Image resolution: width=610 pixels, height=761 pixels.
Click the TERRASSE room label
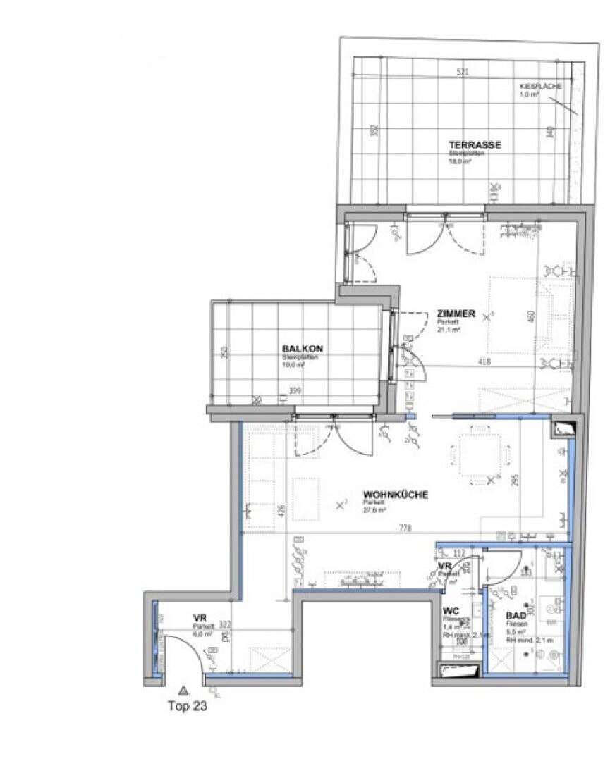tap(475, 145)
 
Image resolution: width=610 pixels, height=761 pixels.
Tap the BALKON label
tap(302, 349)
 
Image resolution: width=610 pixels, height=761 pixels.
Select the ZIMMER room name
tap(456, 314)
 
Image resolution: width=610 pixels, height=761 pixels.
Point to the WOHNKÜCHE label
tap(395, 495)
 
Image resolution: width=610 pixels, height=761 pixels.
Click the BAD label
tap(515, 614)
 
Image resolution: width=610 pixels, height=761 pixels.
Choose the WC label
tap(451, 610)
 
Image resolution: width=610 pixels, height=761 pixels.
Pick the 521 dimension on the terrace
tap(463, 72)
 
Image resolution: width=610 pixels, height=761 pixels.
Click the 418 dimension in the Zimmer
tap(484, 361)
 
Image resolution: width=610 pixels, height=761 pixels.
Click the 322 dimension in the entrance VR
tap(225, 624)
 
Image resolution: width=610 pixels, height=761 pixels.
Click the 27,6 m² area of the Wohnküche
tap(372, 509)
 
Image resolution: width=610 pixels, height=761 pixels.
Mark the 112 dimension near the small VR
tap(460, 552)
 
